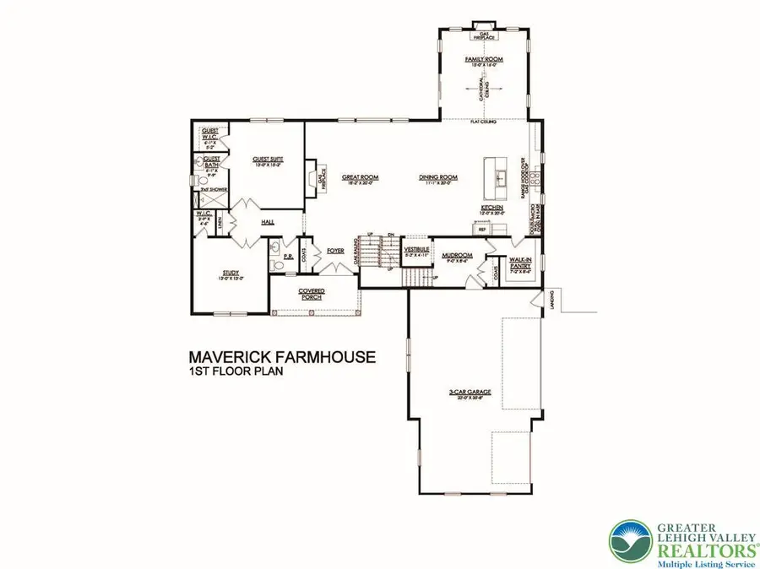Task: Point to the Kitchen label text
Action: tap(492, 207)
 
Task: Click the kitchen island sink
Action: tap(500, 177)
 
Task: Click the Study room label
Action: tap(231, 273)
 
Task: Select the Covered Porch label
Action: tap(312, 293)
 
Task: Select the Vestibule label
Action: tap(417, 250)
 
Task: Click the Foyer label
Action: tap(336, 251)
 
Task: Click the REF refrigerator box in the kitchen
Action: tap(482, 229)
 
